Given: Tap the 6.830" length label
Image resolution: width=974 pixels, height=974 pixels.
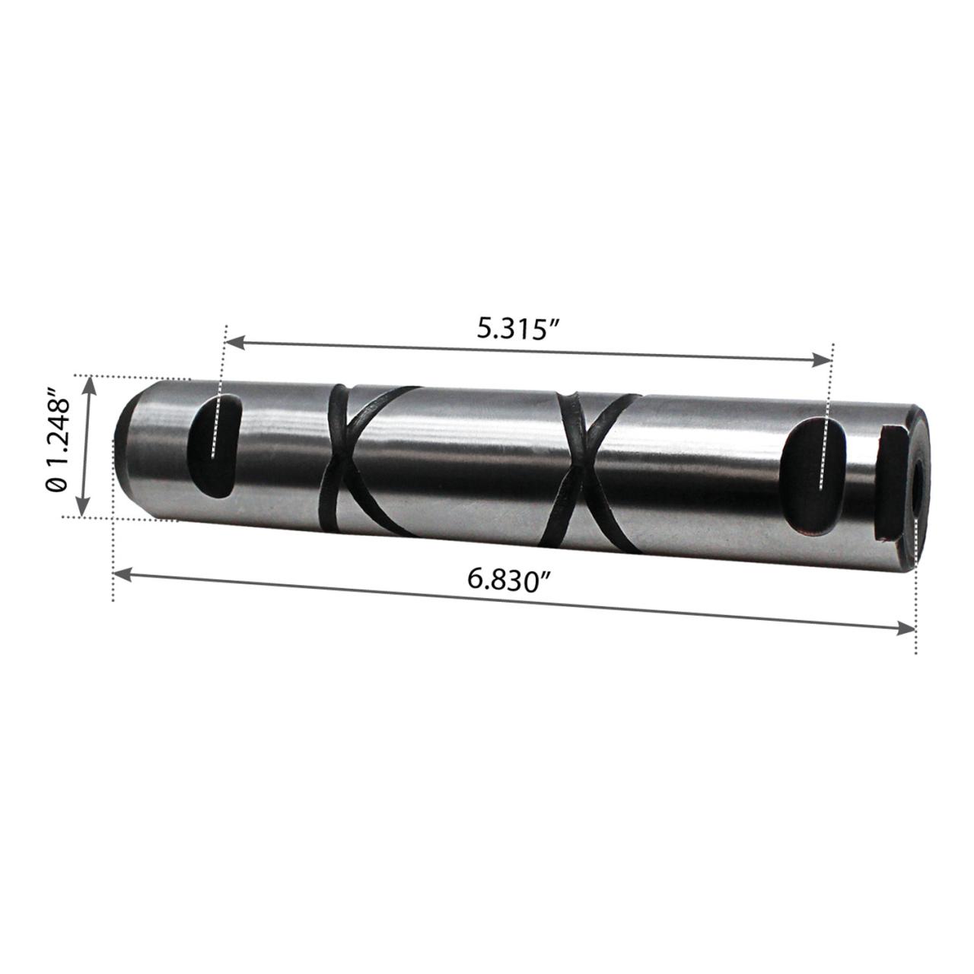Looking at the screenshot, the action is (508, 580).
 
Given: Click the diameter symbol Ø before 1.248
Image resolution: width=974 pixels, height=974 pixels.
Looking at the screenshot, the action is (56, 483).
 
